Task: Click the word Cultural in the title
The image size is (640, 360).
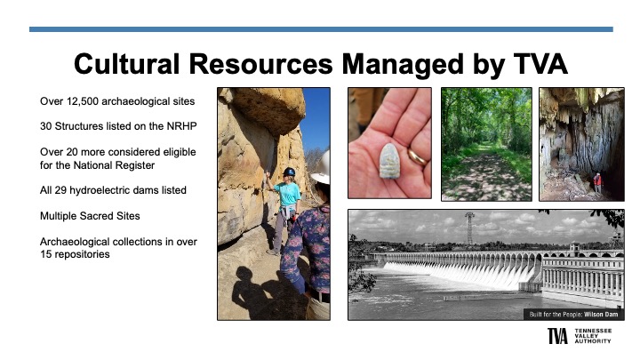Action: (126, 64)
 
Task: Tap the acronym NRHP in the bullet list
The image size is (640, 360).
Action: (181, 126)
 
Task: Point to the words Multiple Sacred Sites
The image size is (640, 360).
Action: (90, 216)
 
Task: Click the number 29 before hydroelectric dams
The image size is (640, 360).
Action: (60, 190)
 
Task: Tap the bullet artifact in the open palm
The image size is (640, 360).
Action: (389, 161)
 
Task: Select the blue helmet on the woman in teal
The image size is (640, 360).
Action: (289, 172)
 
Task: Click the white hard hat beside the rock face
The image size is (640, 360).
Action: (322, 167)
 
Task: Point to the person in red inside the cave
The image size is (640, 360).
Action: (597, 183)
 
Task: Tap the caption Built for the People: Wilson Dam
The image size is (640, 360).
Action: (573, 315)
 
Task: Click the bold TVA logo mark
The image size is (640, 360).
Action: (557, 336)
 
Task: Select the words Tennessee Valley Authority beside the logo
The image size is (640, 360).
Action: (593, 336)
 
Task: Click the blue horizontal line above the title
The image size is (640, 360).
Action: (321, 29)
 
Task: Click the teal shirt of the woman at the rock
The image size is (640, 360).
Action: (288, 194)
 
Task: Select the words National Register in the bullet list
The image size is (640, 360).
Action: (114, 165)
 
